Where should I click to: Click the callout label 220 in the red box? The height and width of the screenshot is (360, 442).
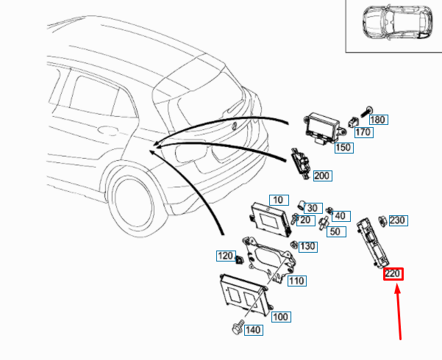point(393,274)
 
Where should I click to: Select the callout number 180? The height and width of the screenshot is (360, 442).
point(378,119)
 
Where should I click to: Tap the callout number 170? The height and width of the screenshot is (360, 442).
point(363,133)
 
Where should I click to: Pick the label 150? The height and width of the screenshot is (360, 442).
point(343,148)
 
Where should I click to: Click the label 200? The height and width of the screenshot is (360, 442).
point(322,176)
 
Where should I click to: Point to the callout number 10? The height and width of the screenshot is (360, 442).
point(277,200)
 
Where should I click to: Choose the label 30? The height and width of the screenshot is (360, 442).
point(313,207)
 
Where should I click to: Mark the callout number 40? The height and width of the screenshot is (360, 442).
point(341,215)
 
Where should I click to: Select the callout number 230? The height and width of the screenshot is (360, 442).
point(397,220)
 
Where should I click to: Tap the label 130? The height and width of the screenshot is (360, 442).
point(307,246)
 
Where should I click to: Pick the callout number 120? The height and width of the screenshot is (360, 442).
point(224,256)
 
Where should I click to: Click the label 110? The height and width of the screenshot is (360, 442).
point(296,281)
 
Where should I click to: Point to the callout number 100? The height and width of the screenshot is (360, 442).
point(280,317)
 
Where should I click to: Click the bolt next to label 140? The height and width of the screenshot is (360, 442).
point(236,328)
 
